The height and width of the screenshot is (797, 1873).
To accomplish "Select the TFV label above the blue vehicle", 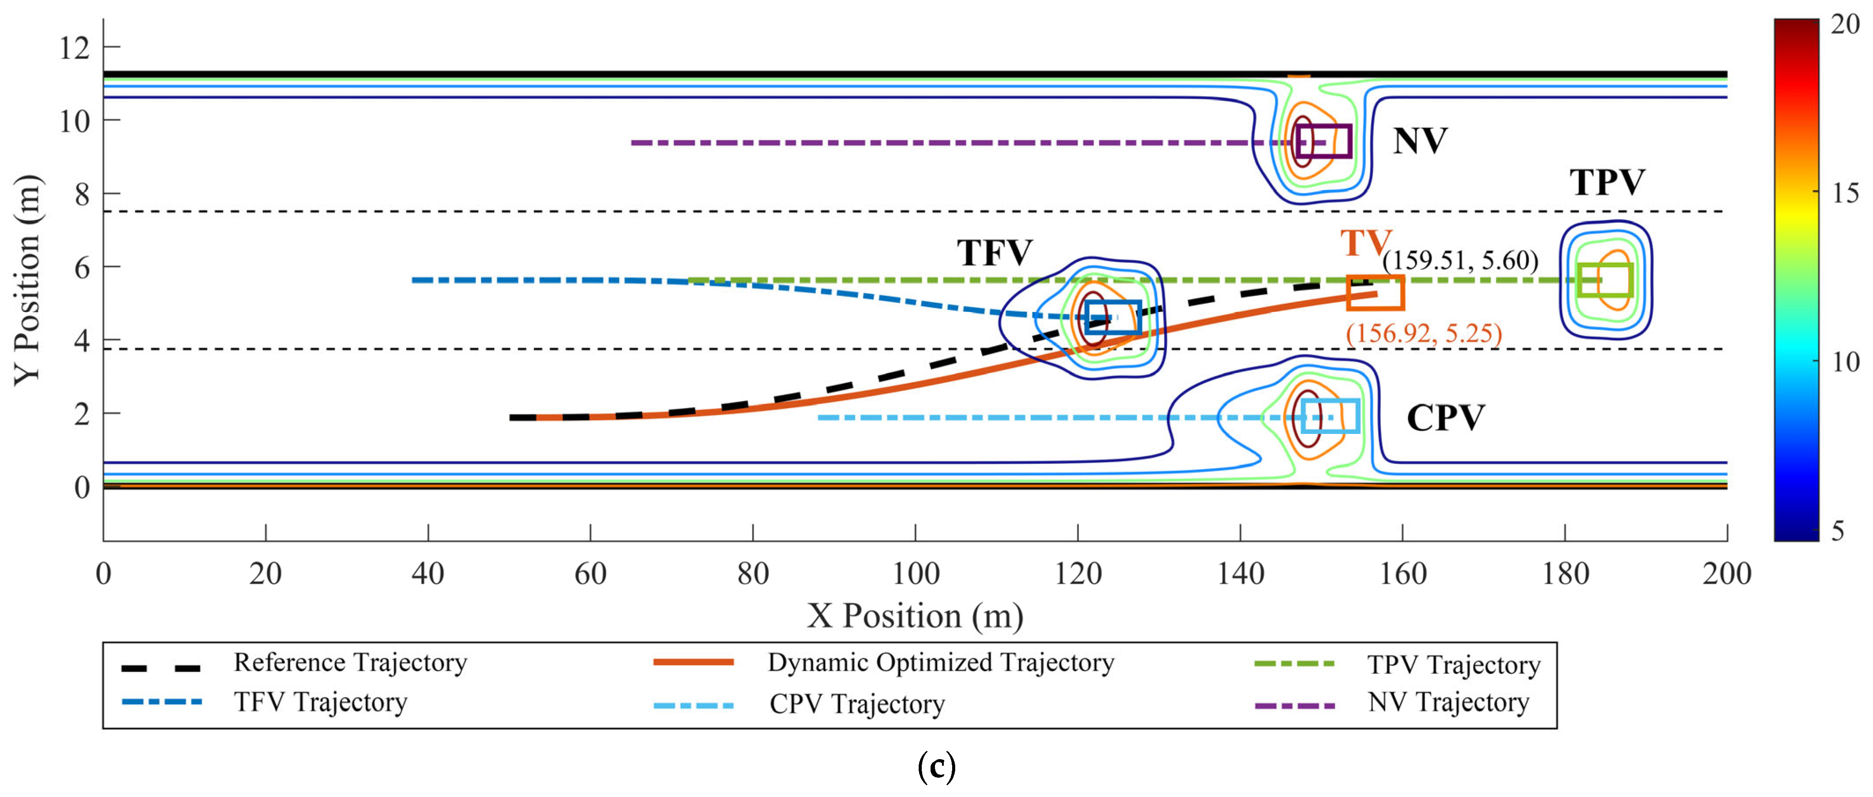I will tap(994, 253).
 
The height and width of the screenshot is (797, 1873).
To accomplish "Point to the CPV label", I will tap(1446, 418).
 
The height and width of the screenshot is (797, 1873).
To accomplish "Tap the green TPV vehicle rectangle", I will tap(1604, 280).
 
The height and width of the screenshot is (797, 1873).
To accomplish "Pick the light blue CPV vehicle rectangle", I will tap(1330, 416).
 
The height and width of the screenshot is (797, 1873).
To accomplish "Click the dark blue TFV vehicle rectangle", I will tap(1112, 317).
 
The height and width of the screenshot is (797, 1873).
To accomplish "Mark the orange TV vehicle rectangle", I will tap(1375, 292).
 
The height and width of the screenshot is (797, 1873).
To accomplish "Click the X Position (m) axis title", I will tap(915, 616).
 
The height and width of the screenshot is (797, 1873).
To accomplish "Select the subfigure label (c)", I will tap(936, 767).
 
